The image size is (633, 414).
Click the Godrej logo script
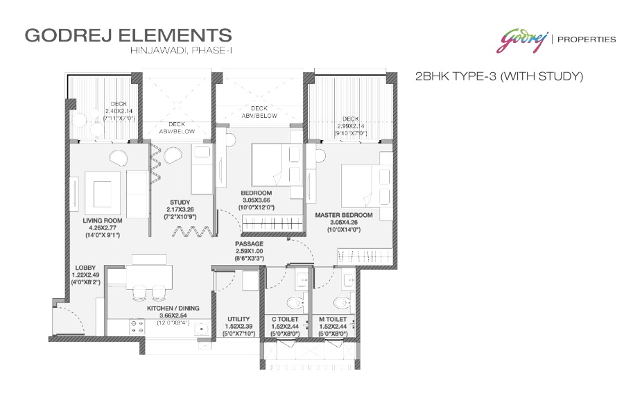coord(521,39)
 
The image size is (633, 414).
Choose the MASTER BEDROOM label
coord(344,215)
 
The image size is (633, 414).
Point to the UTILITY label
coord(239,320)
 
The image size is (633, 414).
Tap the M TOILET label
coord(333,320)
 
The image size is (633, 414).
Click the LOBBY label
coord(86,267)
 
